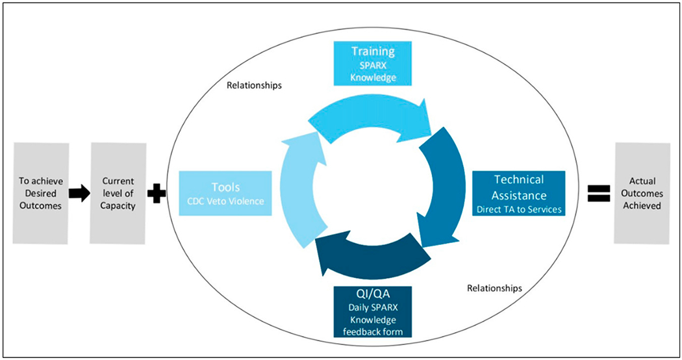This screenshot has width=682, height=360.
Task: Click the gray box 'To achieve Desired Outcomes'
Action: (x=41, y=194)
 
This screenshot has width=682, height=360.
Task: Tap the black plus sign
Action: (x=156, y=194)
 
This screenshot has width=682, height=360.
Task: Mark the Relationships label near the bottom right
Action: (x=494, y=287)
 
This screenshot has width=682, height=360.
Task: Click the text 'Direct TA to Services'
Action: (x=518, y=209)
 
